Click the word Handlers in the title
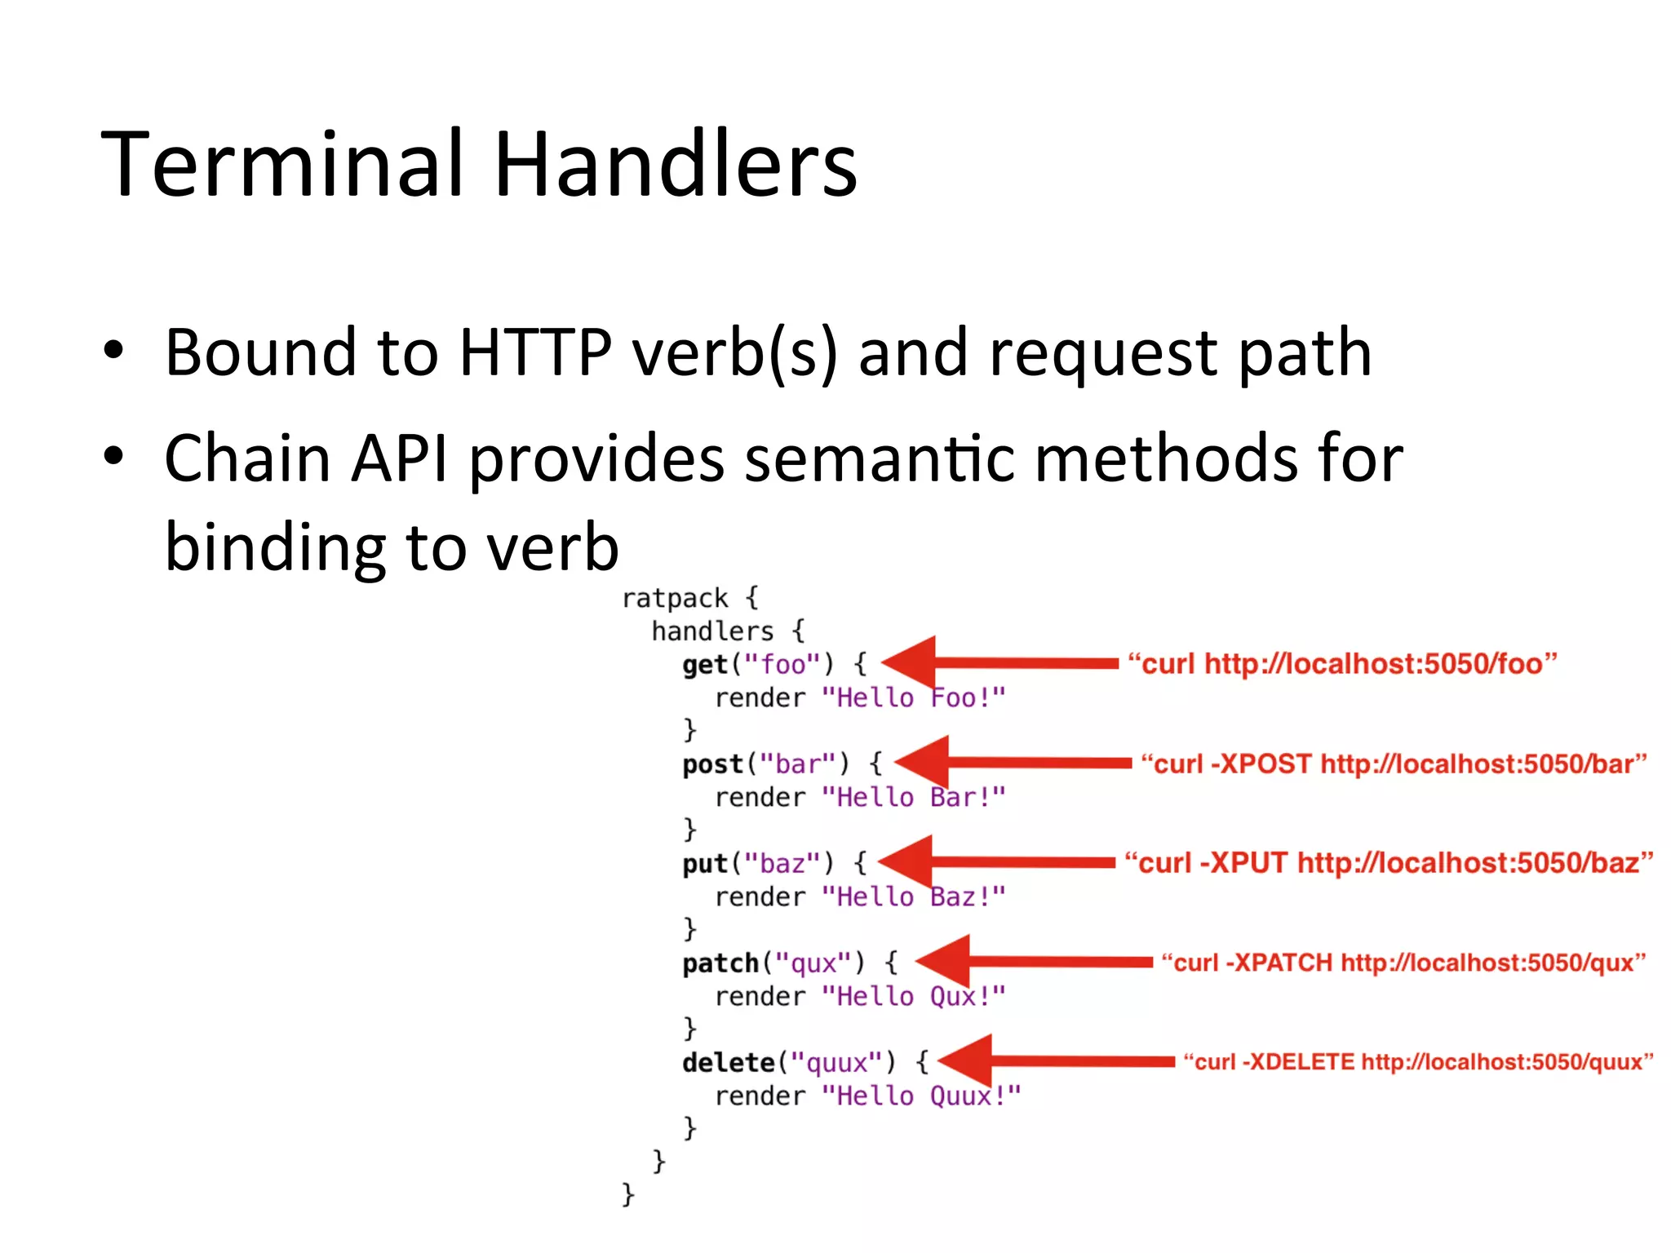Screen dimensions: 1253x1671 [676, 166]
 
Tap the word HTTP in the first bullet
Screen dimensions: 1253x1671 [534, 352]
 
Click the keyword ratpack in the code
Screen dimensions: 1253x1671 [674, 599]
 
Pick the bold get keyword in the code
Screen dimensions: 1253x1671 [704, 665]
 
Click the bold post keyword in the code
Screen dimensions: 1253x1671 [712, 764]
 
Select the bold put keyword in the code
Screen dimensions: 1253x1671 [704, 864]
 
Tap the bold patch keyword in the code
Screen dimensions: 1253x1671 [720, 963]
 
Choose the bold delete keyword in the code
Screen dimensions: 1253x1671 [728, 1063]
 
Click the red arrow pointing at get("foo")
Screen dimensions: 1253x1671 [999, 663]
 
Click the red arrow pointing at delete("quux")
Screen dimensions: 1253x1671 [1057, 1061]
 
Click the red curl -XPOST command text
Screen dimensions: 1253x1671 [1394, 764]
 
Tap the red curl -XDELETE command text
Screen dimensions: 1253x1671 [1418, 1062]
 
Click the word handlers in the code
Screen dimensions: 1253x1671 [712, 631]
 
